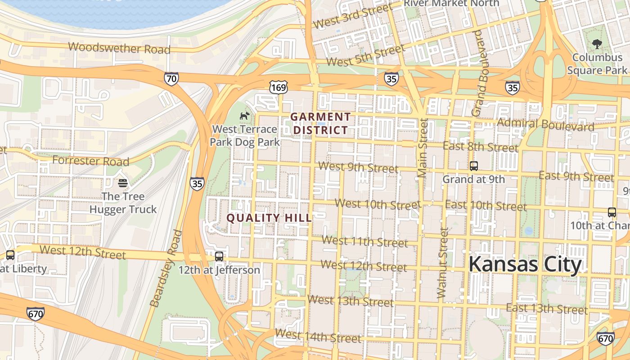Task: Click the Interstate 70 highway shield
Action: pyautogui.click(x=171, y=78)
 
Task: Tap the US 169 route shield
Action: pyautogui.click(x=279, y=87)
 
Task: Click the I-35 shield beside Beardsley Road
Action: pyautogui.click(x=197, y=183)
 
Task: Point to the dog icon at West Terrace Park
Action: pyautogui.click(x=244, y=116)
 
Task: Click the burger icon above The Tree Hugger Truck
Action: pyautogui.click(x=123, y=183)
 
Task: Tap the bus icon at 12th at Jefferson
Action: pyautogui.click(x=219, y=256)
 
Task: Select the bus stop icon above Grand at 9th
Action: pyautogui.click(x=473, y=166)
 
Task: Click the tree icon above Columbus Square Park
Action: pyautogui.click(x=597, y=44)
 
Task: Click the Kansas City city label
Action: pyautogui.click(x=525, y=265)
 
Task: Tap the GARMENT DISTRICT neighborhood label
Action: pyautogui.click(x=320, y=124)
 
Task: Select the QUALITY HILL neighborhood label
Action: pyautogui.click(x=269, y=218)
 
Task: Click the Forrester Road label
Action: pyautogui.click(x=90, y=160)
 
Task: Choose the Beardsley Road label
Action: pyautogui.click(x=166, y=269)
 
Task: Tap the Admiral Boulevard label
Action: pyautogui.click(x=545, y=124)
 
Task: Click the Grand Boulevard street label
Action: pyautogui.click(x=481, y=73)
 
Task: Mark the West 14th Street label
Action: pyautogui.click(x=318, y=336)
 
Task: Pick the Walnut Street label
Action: pyautogui.click(x=443, y=263)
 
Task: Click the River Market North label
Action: pyautogui.click(x=451, y=4)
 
